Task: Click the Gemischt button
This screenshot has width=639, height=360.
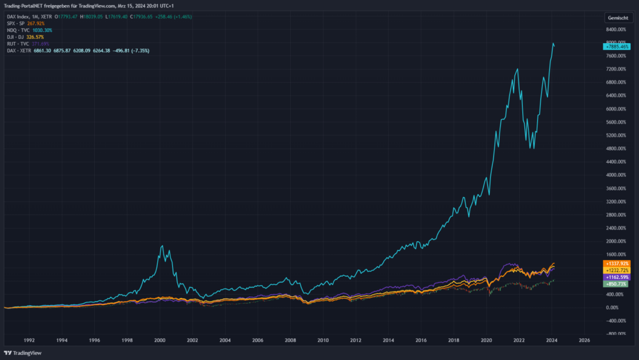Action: pos(618,18)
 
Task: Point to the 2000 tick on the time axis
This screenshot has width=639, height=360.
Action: pos(159,341)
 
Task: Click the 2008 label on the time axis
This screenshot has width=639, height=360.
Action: pos(290,341)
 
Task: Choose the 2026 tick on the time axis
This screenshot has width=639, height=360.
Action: pos(584,341)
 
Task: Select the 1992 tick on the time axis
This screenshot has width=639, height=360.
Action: pos(29,341)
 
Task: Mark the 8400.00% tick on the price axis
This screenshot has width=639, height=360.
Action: pos(618,29)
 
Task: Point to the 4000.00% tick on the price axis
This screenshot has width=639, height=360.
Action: pos(618,175)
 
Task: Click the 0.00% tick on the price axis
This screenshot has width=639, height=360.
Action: pos(618,308)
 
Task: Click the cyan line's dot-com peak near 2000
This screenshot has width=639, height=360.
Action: pos(162,246)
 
